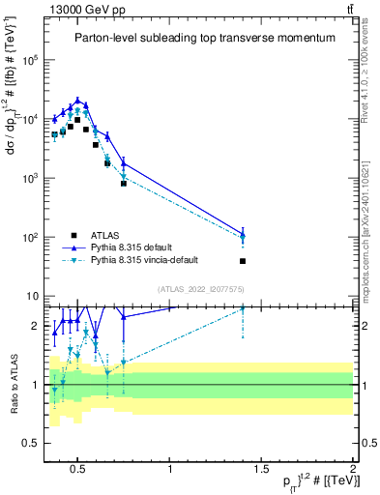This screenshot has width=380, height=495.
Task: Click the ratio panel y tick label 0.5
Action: (x=28, y=443)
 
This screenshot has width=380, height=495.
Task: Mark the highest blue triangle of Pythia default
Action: (x=78, y=100)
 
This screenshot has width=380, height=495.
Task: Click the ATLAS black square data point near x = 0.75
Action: (x=124, y=183)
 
